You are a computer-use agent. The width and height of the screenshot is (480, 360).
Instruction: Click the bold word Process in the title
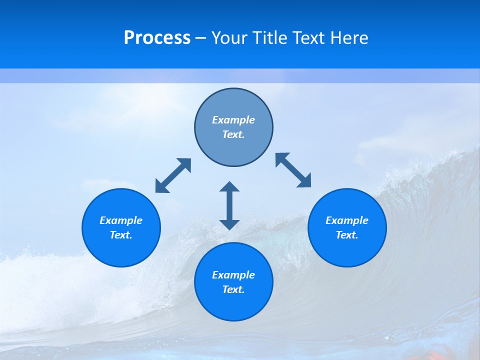click(157, 38)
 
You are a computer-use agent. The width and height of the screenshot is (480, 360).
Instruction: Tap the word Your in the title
click(231, 38)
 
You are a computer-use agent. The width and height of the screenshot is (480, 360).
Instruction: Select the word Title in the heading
click(271, 38)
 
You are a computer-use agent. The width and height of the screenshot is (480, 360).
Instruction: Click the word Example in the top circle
click(233, 120)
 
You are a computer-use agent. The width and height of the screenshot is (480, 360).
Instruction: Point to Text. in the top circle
click(233, 134)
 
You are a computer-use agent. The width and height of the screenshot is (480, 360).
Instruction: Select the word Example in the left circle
click(121, 220)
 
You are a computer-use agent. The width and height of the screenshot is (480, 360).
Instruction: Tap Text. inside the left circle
click(121, 235)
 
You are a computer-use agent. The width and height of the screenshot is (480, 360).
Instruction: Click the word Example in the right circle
click(347, 220)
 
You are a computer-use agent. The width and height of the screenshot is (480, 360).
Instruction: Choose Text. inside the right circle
click(347, 235)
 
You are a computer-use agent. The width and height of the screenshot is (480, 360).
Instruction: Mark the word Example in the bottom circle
click(233, 275)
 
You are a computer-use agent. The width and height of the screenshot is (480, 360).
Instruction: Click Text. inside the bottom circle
click(233, 289)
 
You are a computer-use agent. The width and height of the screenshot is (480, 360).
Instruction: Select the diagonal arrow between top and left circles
click(173, 175)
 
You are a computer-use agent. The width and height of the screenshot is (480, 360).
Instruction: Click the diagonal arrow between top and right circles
click(293, 170)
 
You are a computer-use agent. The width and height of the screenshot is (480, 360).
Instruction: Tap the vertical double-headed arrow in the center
click(229, 205)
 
